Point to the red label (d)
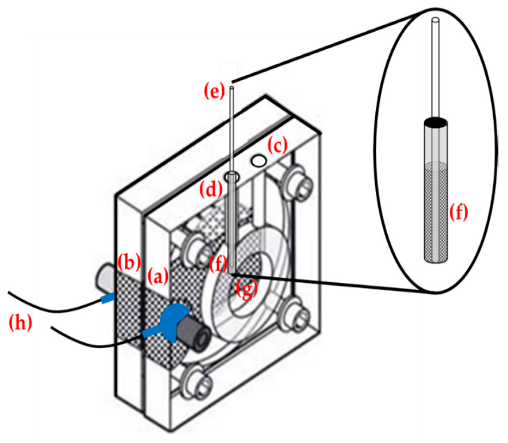coord(211,190)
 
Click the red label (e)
coord(214,92)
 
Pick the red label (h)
coord(20,323)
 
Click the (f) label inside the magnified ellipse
coord(458,212)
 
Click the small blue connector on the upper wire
coord(108,298)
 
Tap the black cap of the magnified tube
coord(436,122)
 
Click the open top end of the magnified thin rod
coord(436,20)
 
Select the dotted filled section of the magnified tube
coord(436,212)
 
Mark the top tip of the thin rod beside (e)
coord(232,88)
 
